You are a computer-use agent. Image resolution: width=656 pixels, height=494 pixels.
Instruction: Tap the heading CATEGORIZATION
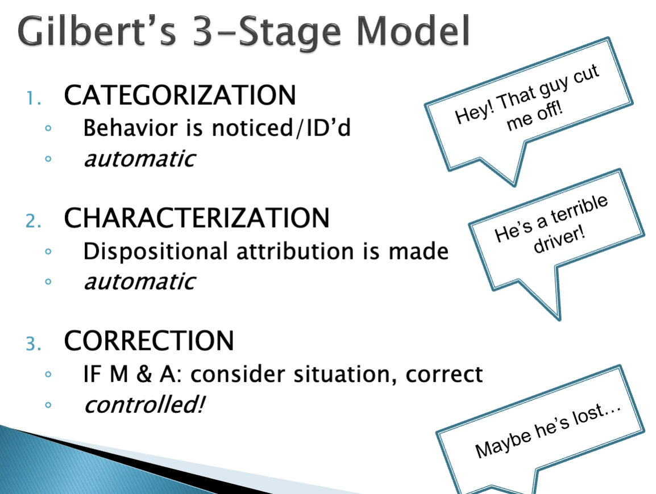coord(180,95)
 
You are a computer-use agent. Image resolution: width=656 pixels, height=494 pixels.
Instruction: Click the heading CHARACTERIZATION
coord(197,218)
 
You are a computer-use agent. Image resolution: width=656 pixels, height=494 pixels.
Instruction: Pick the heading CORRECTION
coord(149,341)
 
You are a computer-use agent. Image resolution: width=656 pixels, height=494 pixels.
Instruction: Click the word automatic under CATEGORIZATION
coord(139,158)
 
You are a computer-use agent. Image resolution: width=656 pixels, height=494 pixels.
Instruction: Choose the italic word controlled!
coord(144,405)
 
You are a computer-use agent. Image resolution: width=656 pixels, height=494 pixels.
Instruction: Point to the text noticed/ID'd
coord(281,128)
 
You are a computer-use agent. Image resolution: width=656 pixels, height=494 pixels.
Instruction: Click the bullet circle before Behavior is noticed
coord(49,129)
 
